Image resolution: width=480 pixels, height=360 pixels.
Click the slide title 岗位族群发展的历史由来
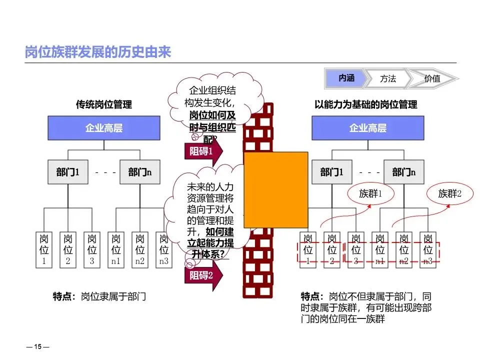(98, 52)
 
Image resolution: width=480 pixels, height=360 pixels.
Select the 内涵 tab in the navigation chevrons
(346, 78)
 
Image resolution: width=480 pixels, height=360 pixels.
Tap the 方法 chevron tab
(388, 78)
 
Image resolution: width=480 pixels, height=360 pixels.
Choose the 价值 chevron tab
(432, 78)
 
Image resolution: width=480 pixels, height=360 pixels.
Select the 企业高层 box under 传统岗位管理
(103, 128)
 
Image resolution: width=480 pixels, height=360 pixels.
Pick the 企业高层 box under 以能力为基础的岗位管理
(367, 128)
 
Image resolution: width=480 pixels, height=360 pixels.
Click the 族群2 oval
(449, 193)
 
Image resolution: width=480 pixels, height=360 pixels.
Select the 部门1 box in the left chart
(68, 172)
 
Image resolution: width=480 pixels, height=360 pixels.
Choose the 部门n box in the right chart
(404, 172)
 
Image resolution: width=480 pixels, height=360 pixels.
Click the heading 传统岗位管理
(104, 105)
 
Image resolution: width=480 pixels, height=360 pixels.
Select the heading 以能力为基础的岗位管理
(366, 105)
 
